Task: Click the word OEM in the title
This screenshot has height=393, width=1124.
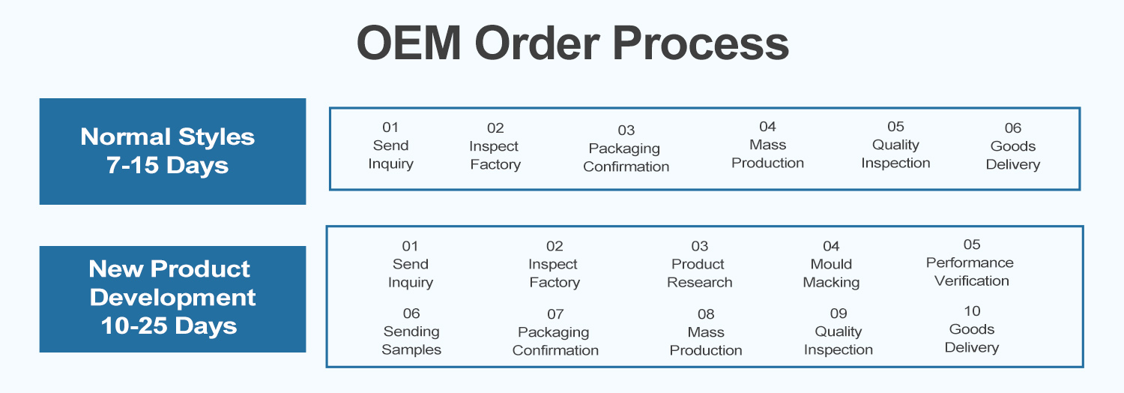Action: pos(409,43)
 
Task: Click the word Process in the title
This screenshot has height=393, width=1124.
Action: pos(701,43)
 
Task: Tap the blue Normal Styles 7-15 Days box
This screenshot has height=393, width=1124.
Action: pos(172,151)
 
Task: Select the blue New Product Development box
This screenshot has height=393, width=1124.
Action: pos(172,299)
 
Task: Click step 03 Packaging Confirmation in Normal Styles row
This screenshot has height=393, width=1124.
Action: pos(626,148)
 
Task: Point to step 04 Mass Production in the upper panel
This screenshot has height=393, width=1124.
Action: pos(767,145)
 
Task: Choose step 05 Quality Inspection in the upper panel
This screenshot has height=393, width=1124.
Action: pos(895,145)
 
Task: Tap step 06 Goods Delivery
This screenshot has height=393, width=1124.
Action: pos(1012,146)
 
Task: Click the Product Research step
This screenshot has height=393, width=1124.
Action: pos(699,265)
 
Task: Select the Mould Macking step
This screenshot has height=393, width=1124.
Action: pos(832,265)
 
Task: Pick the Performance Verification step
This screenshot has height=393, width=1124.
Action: pos(970,263)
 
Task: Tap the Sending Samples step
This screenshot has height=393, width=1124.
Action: pos(411,331)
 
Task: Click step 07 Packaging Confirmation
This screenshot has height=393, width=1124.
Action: pos(555,332)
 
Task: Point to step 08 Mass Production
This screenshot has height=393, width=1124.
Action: pos(706,332)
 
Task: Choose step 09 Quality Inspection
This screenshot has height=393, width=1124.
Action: pos(839,331)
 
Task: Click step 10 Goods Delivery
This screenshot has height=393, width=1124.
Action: pos(972,330)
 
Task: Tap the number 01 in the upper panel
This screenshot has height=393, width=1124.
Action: pos(390,127)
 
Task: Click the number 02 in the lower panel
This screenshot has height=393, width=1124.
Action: pos(555,247)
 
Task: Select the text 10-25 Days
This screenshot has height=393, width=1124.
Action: pos(169,326)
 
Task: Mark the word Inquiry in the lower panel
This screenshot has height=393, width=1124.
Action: pos(411,283)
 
